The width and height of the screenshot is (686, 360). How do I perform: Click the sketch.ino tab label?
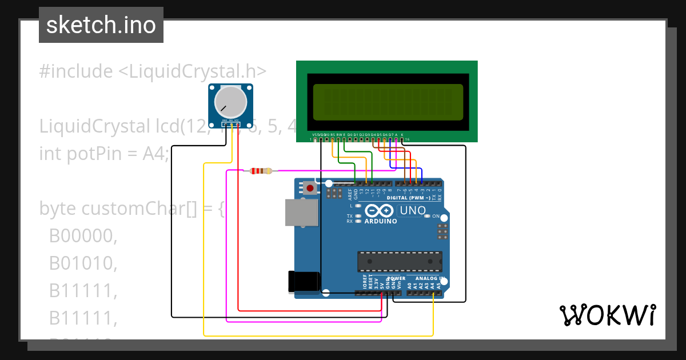101,25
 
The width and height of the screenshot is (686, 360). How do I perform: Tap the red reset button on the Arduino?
310,187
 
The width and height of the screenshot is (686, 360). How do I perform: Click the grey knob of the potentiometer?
230,102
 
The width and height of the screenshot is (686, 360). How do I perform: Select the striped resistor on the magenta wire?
261,170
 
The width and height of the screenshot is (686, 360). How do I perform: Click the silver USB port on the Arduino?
301,212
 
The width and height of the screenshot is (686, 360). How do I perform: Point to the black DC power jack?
304,281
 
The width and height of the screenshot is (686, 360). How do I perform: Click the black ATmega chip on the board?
400,261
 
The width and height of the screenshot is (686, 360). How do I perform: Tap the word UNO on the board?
412,210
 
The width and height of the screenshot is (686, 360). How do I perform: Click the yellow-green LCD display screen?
388,102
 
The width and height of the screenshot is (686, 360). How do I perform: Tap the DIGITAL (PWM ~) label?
408,198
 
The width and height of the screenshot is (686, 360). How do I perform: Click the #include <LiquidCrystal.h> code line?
153,71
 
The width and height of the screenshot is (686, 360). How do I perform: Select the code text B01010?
83,263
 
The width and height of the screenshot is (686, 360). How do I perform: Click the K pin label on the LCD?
402,135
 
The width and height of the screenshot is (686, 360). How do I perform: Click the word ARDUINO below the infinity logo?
381,221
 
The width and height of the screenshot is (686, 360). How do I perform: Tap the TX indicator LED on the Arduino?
358,216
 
